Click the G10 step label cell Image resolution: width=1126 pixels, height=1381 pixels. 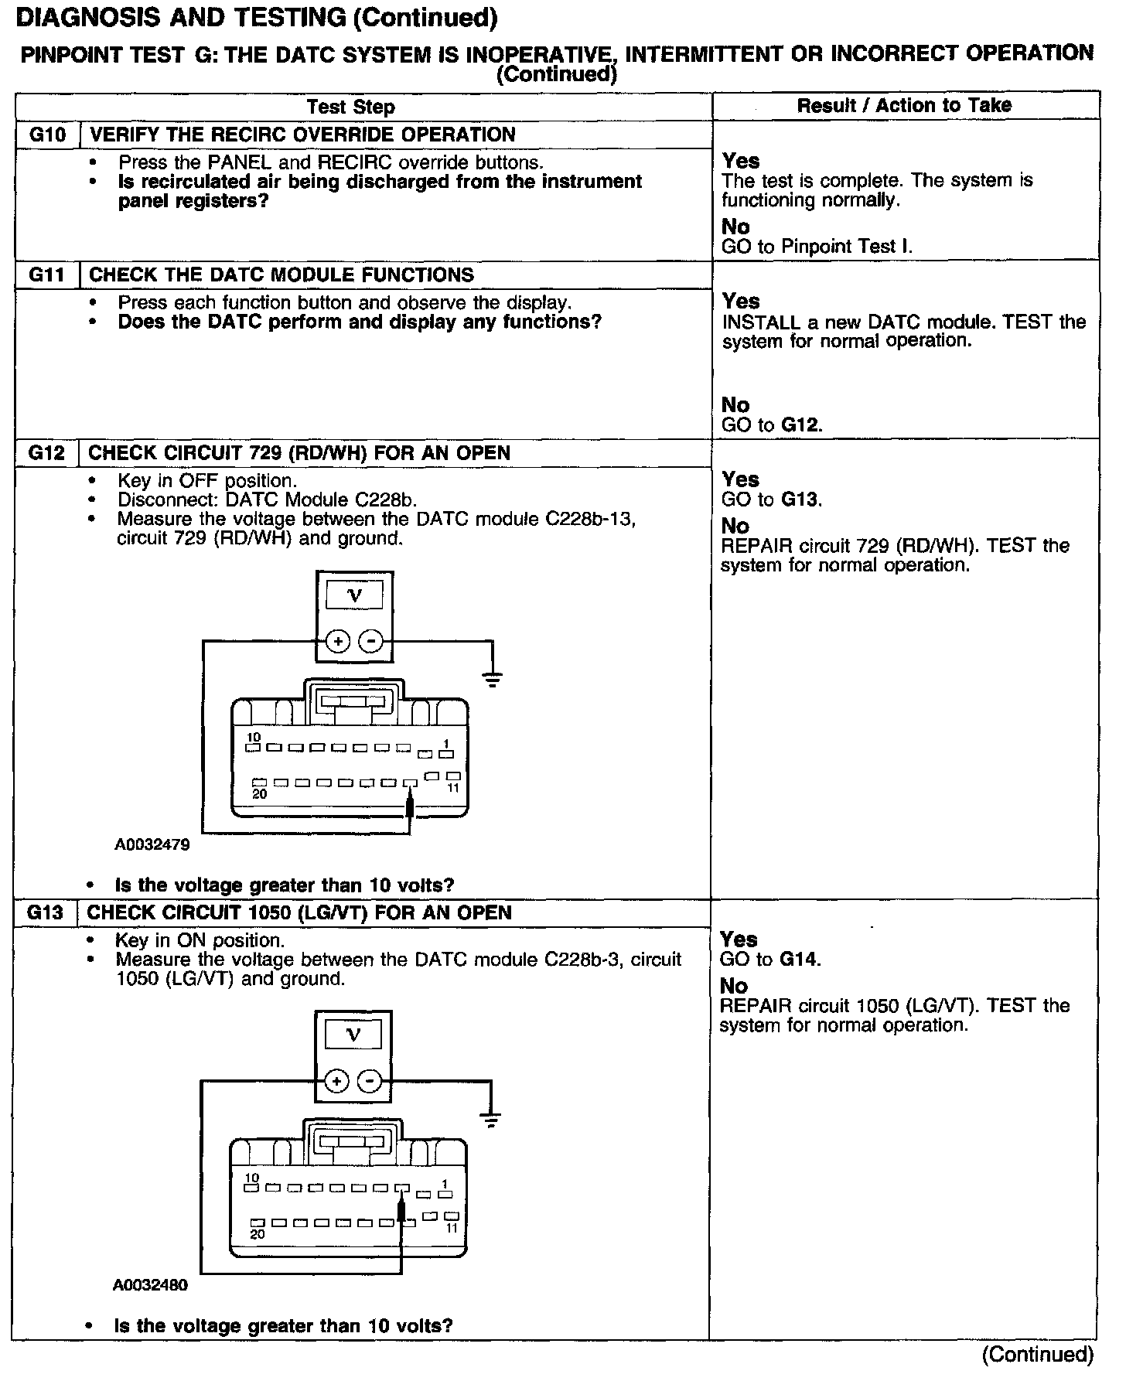tap(48, 135)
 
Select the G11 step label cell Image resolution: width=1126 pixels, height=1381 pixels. tap(47, 275)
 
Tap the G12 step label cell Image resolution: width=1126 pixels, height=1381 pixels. tap(46, 453)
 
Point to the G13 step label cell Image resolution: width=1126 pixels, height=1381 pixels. tap(45, 913)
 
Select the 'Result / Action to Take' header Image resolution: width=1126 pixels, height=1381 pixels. tap(904, 105)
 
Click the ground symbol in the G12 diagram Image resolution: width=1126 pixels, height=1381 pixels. tap(492, 680)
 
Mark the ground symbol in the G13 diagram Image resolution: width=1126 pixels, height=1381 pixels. tap(490, 1120)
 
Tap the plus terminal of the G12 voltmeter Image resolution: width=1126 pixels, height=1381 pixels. tap(337, 641)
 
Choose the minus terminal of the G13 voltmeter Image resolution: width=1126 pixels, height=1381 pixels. tap(370, 1081)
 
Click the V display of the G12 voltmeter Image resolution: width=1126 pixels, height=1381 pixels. tap(355, 595)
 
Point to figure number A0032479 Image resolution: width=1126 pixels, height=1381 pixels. tap(152, 845)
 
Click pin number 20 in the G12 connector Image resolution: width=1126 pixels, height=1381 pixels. tap(260, 793)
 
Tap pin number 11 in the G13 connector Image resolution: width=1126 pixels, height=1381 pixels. tap(452, 1228)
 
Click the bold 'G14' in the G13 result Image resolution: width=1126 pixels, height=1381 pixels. tap(800, 960)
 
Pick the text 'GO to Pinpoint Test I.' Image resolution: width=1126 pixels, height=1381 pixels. tap(817, 247)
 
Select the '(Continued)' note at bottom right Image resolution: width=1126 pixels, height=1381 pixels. tap(1037, 1354)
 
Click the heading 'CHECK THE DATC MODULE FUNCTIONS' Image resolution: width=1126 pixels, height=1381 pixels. tap(282, 275)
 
